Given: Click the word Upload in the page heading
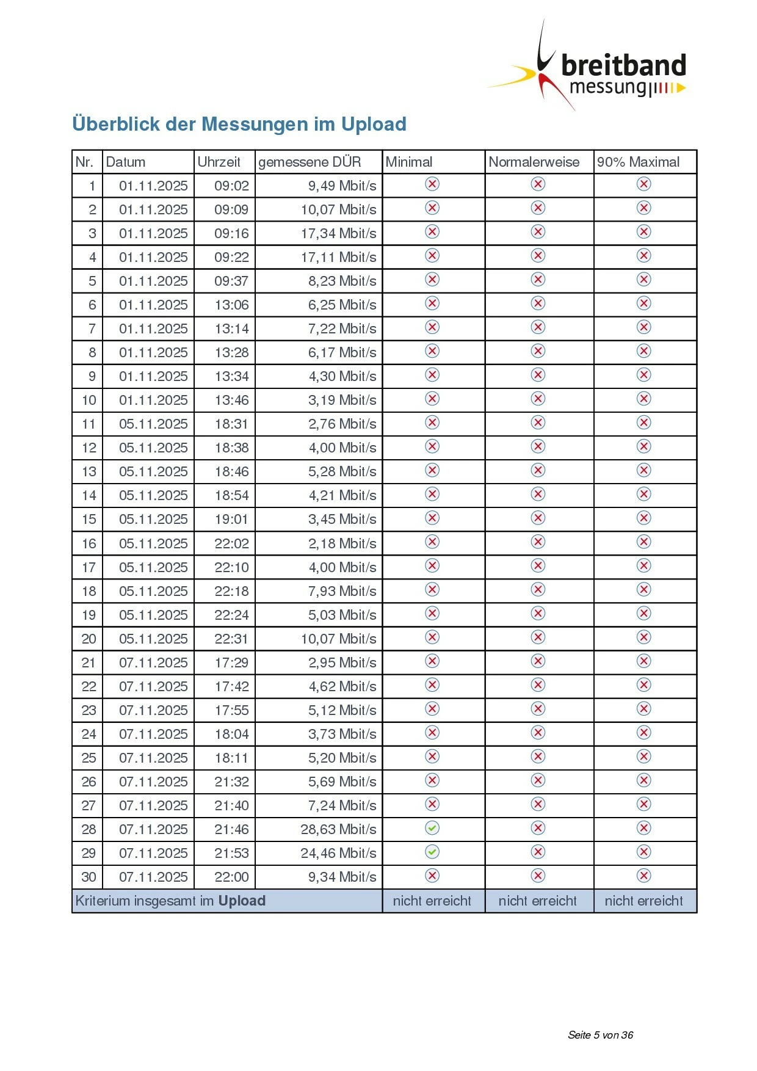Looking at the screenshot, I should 374,124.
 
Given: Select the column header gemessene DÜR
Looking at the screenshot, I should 310,162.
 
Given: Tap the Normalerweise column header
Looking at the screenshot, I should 534,162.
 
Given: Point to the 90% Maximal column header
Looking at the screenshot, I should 638,162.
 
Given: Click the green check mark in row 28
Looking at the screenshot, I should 432,828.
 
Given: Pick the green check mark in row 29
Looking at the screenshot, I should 432,852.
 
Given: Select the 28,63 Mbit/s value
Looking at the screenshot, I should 338,829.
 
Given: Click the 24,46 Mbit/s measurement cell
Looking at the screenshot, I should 338,853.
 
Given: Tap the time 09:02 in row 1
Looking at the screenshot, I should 231,186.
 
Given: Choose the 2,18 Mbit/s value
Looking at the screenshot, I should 342,543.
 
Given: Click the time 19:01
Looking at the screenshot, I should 231,519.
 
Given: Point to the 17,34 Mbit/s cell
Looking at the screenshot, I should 338,233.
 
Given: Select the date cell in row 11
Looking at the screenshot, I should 153,424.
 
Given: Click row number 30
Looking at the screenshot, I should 89,877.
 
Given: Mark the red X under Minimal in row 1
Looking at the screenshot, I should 432,184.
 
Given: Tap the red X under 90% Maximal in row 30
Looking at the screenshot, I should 644,876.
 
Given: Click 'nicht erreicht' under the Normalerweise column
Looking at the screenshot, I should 537,901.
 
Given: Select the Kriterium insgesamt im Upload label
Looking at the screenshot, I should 170,901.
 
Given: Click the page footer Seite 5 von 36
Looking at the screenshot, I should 600,1034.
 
